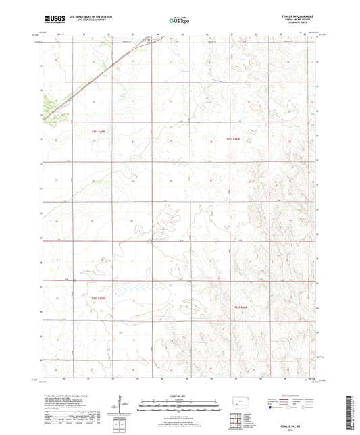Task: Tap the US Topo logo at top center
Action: (x=178, y=20)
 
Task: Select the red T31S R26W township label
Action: (x=233, y=140)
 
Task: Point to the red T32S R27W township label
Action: (x=99, y=298)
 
